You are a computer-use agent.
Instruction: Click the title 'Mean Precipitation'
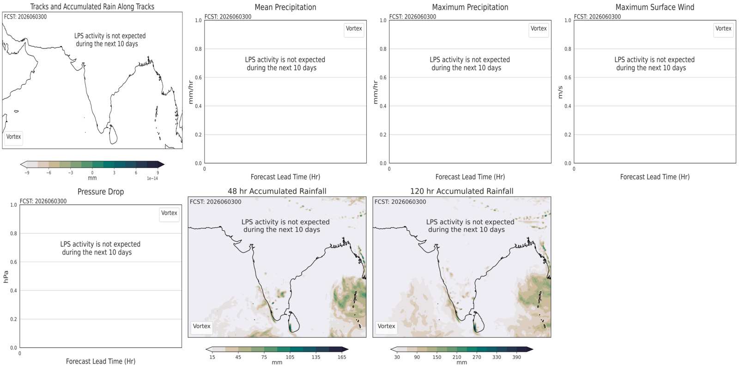tap(285, 7)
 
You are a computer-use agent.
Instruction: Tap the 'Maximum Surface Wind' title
tap(655, 7)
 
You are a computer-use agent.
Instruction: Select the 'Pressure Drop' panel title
tap(101, 192)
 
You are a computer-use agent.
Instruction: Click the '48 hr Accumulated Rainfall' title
tap(277, 191)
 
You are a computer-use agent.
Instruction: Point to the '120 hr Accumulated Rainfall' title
tap(462, 191)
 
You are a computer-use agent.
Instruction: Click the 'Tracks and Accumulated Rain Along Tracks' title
tap(92, 6)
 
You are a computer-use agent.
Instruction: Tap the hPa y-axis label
tap(6, 277)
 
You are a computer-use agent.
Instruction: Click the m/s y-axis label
tap(560, 92)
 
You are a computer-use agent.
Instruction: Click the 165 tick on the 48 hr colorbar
tap(342, 357)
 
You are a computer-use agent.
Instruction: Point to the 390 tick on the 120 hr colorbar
tap(517, 357)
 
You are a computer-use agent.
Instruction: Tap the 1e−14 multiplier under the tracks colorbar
tap(152, 179)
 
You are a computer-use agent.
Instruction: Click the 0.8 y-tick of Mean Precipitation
tap(198, 49)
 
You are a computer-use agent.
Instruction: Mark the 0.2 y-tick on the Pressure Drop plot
tap(13, 319)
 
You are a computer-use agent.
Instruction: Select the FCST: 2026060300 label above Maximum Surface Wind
tap(598, 17)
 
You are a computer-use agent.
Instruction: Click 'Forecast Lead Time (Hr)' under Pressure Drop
tap(101, 362)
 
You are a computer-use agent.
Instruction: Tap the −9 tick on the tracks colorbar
tap(27, 173)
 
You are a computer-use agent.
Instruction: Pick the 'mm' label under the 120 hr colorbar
tap(462, 363)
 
